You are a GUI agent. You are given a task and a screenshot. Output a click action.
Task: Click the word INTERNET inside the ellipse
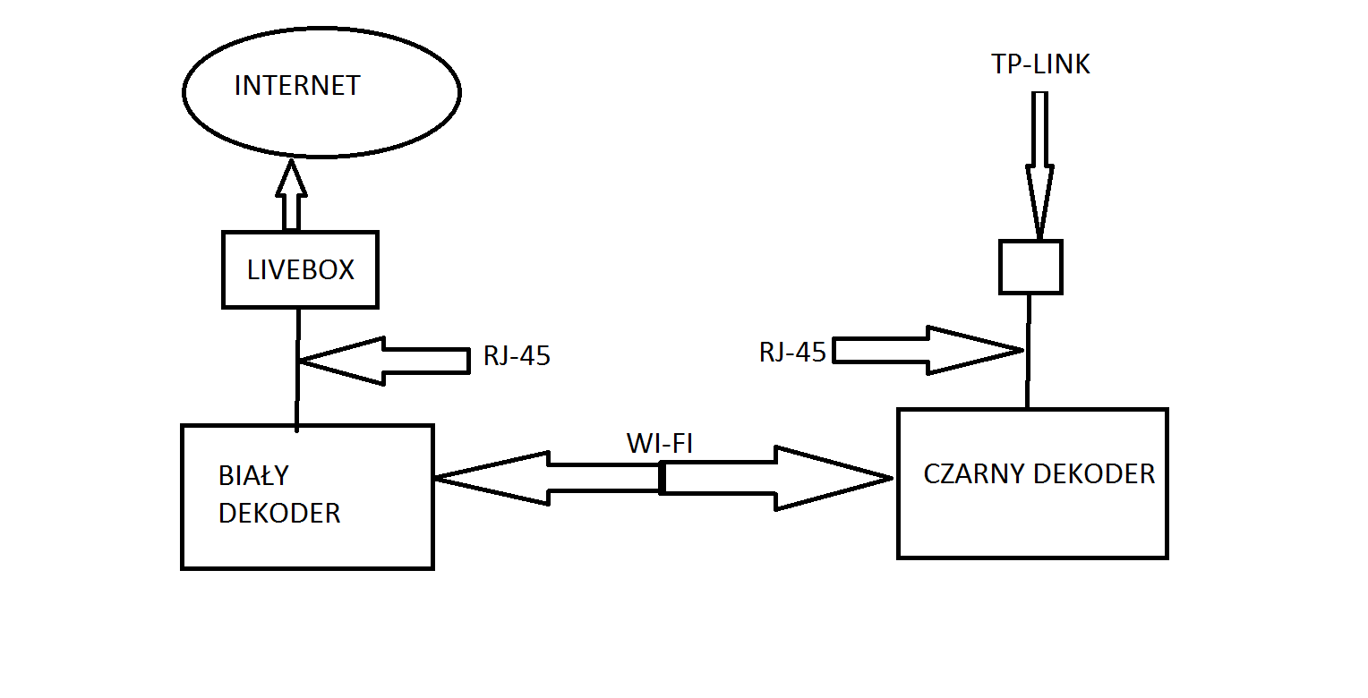(296, 86)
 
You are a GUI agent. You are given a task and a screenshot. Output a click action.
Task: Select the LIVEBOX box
(300, 269)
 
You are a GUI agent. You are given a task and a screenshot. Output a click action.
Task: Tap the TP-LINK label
(1040, 64)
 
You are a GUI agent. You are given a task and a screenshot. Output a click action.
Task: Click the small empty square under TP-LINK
(1030, 267)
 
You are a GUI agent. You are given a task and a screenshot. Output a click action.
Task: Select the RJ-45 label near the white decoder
(517, 356)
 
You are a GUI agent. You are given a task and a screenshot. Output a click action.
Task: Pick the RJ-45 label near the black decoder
(792, 353)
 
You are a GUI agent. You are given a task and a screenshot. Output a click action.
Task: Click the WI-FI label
(660, 443)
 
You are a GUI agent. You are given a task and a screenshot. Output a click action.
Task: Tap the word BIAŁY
(254, 475)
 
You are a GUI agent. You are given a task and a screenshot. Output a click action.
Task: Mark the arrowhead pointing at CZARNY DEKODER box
(833, 478)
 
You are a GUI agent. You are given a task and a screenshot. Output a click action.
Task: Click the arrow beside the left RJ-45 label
(385, 361)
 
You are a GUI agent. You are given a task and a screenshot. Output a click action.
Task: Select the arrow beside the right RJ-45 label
(927, 350)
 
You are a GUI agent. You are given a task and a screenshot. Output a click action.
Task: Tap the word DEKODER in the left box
(279, 514)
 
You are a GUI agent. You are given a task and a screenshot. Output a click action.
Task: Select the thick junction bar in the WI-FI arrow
(662, 478)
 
